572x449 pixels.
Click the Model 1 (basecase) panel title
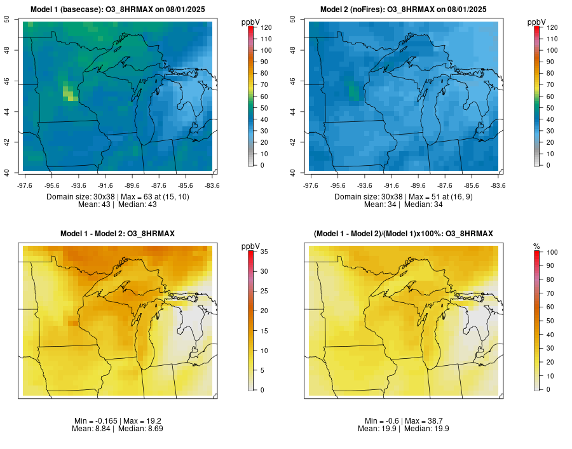coord(118,10)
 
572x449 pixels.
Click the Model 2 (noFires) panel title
coord(404,10)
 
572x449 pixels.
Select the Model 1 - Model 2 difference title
coord(118,234)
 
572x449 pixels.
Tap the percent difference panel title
coord(404,234)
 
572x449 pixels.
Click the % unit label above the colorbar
coord(536,246)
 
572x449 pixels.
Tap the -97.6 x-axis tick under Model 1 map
coord(24,185)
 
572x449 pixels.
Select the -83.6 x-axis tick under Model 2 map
coord(498,185)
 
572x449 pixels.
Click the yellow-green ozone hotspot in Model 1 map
coord(69,95)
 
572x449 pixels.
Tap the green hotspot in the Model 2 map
coord(353,91)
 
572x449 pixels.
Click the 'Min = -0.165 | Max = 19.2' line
coord(118,421)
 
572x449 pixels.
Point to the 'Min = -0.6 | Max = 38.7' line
coord(404,421)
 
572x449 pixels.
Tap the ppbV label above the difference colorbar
coord(251,246)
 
